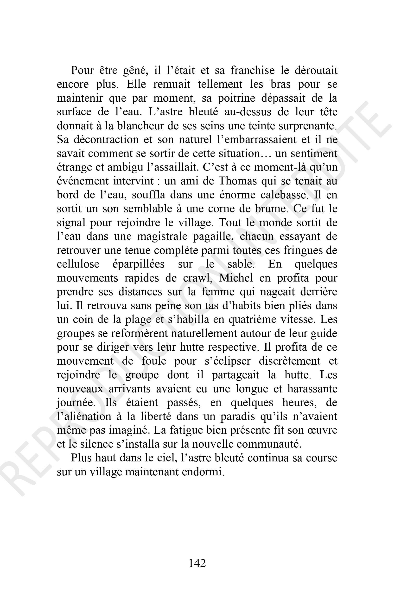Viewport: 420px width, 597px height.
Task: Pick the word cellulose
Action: [x=78, y=264]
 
